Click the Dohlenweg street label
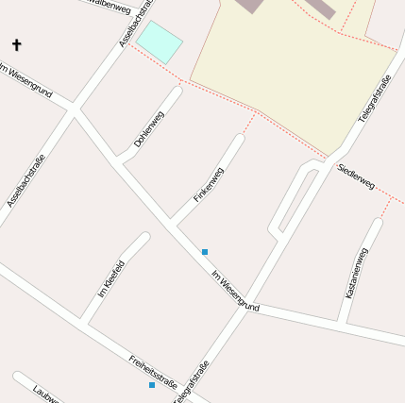coord(149,128)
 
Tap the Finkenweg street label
coord(209,184)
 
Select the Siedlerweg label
coord(356,176)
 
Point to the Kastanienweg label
coord(357,273)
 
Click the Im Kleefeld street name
coord(110,278)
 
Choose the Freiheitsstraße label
coord(154,371)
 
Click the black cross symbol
coord(16,44)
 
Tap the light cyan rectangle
coord(159,42)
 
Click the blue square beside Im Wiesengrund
coord(205,252)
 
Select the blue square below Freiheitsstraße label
coord(151,385)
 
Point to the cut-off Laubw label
coord(45,393)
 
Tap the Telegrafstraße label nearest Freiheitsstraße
coord(192,381)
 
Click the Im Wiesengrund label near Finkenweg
coord(235,292)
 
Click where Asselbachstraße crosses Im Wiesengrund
coord(74,110)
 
